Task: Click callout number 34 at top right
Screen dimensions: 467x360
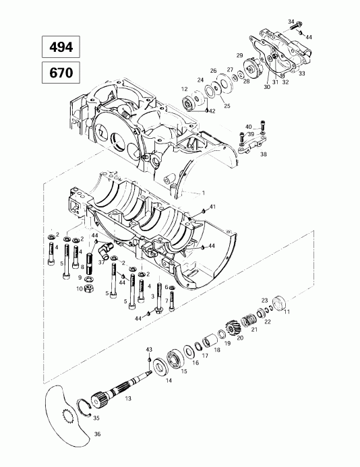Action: pos(291,22)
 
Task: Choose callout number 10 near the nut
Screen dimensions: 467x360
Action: pos(79,289)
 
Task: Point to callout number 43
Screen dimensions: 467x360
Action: pos(150,349)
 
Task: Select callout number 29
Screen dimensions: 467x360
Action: pos(239,55)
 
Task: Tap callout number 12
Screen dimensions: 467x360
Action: pos(183,88)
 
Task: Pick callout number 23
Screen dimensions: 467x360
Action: pos(264,300)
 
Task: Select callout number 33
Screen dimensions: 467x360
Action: pos(301,73)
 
